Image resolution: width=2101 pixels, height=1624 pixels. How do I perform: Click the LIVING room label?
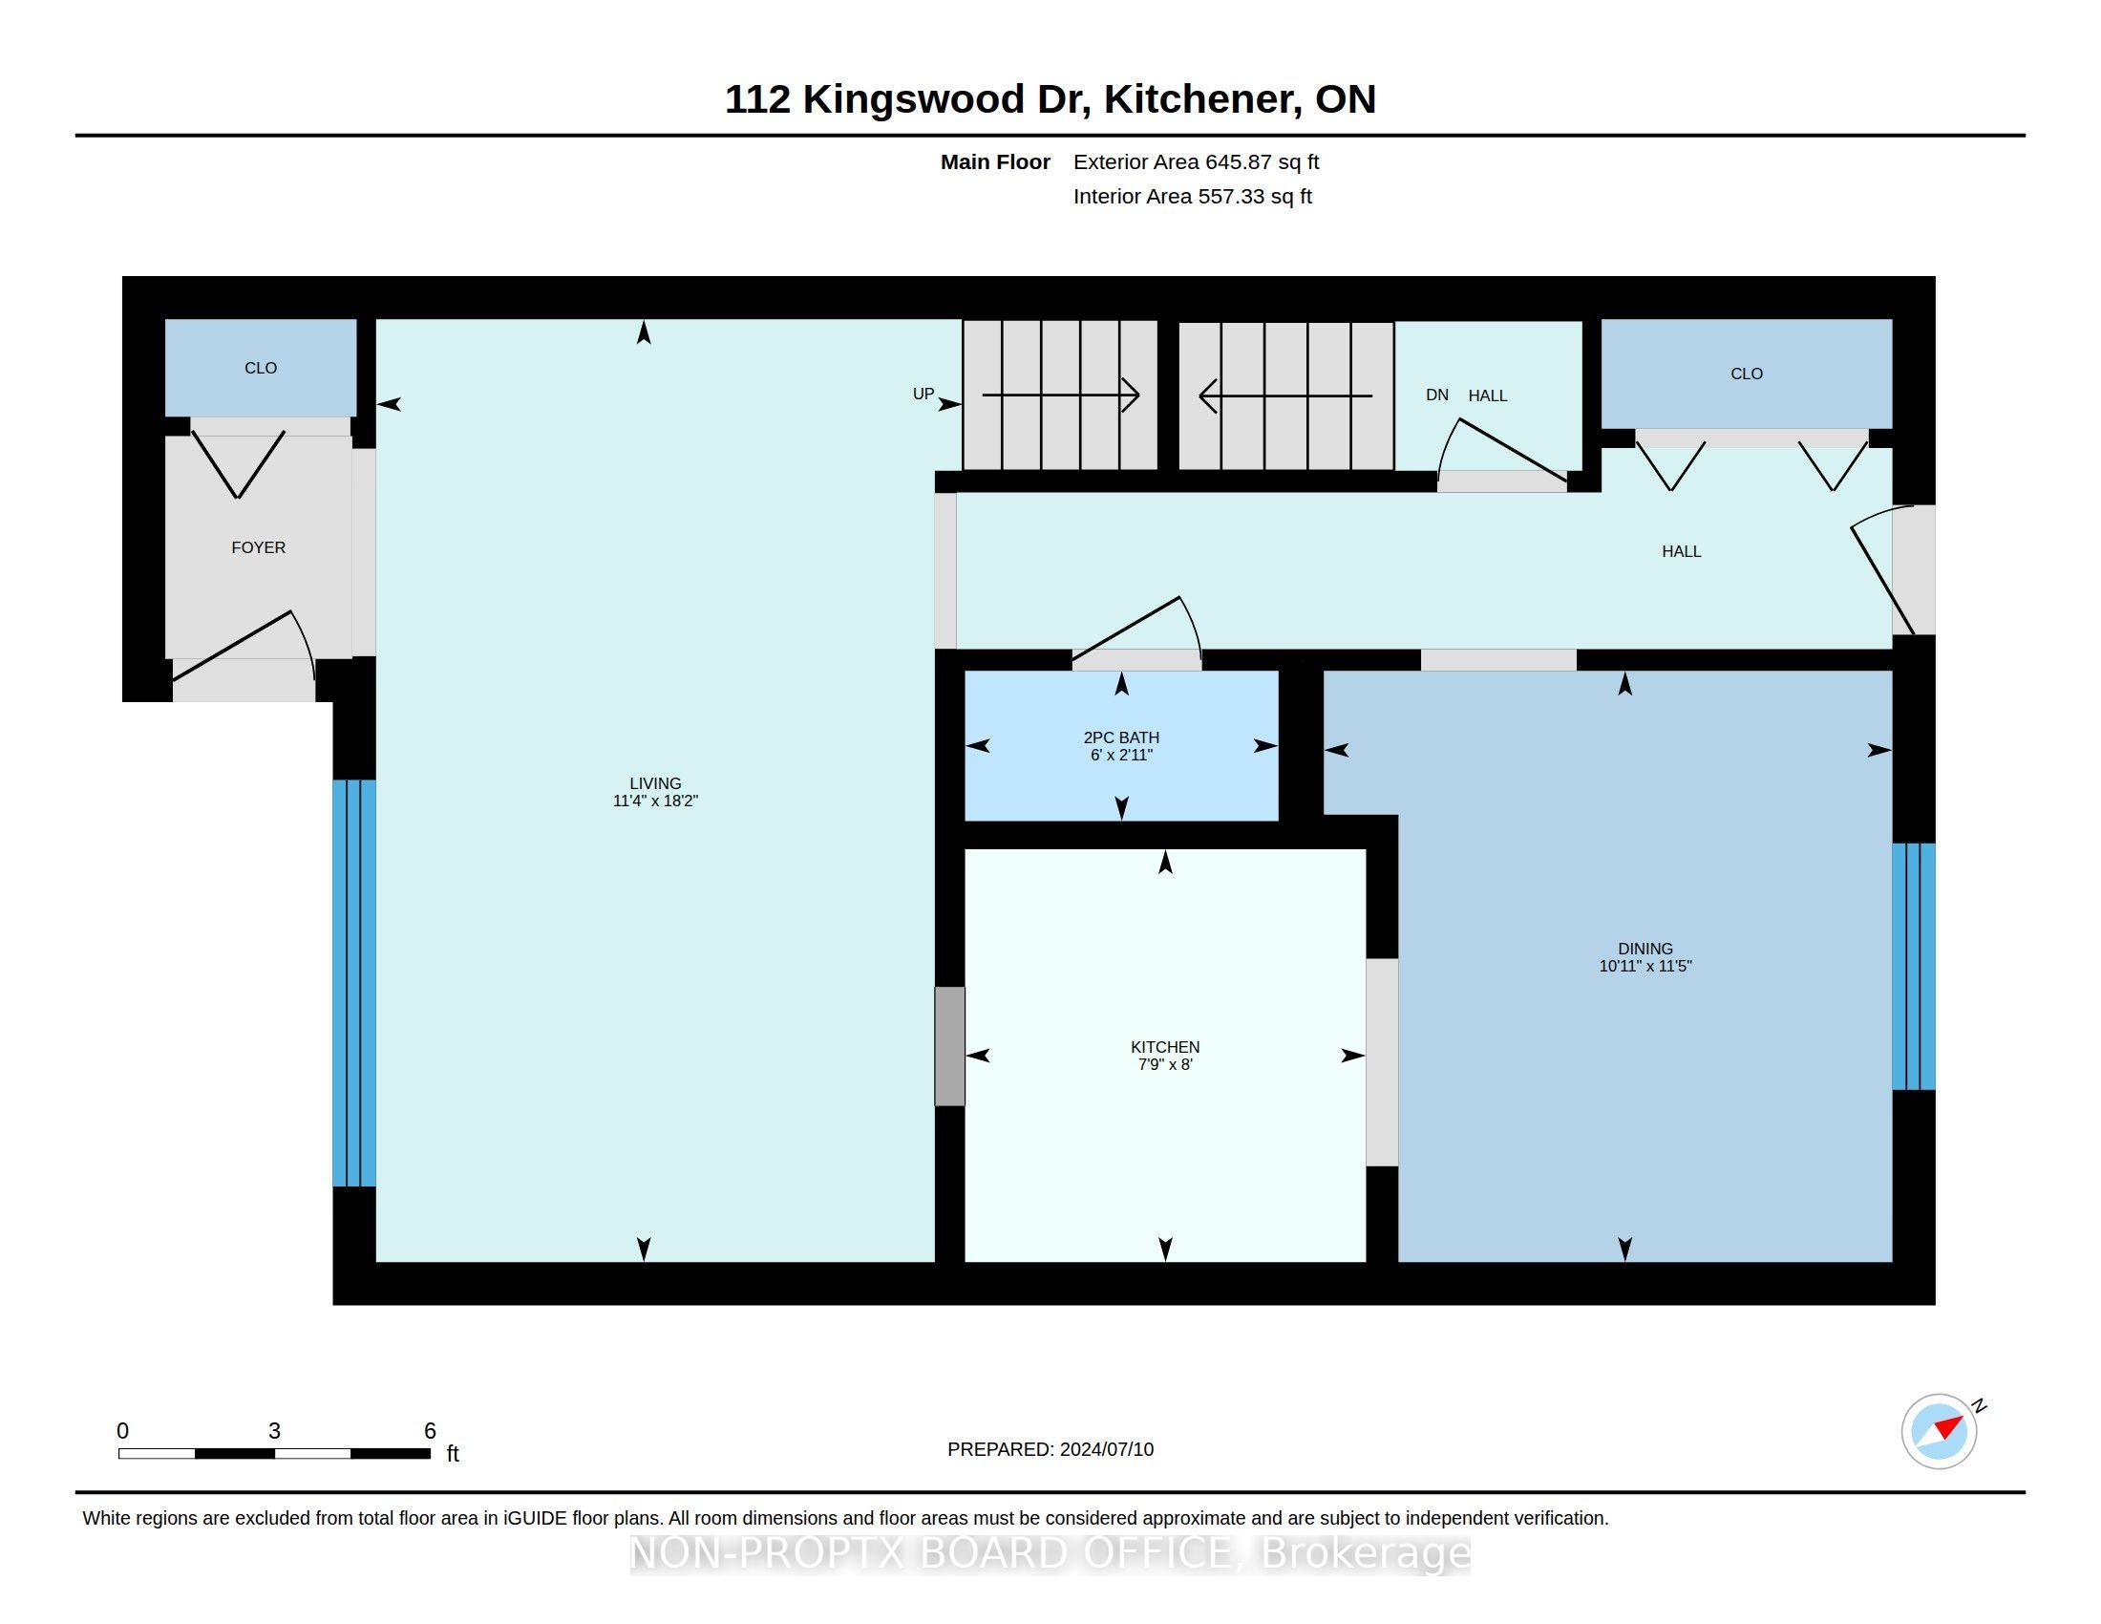click(655, 783)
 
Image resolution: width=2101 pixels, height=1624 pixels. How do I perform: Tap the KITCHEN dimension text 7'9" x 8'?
click(1165, 1064)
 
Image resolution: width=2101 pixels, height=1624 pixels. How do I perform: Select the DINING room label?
click(1645, 949)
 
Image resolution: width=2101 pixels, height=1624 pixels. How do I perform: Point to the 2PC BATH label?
click(1122, 737)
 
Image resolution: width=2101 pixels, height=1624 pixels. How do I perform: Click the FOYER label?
click(259, 547)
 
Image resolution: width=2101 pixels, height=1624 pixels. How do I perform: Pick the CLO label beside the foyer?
click(261, 368)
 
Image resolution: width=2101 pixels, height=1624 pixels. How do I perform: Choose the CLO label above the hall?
click(1746, 374)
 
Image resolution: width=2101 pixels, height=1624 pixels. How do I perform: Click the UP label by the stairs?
click(923, 394)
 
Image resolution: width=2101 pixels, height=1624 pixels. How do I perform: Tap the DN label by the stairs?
click(1436, 395)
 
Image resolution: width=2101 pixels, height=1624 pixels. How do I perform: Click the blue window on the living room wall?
click(354, 982)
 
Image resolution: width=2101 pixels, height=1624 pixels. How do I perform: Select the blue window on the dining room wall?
click(1914, 967)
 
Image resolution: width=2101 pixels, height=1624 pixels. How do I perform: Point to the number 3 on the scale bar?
click(274, 1431)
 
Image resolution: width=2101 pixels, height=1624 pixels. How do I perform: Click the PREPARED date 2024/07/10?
click(1106, 1449)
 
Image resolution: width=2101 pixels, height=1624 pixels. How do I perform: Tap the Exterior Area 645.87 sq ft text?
click(1196, 161)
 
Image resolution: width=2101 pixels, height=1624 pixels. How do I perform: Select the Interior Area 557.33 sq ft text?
click(1192, 196)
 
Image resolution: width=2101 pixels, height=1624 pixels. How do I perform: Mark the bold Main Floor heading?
click(995, 161)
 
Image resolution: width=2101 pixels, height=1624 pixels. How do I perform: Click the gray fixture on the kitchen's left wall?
click(949, 1046)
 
